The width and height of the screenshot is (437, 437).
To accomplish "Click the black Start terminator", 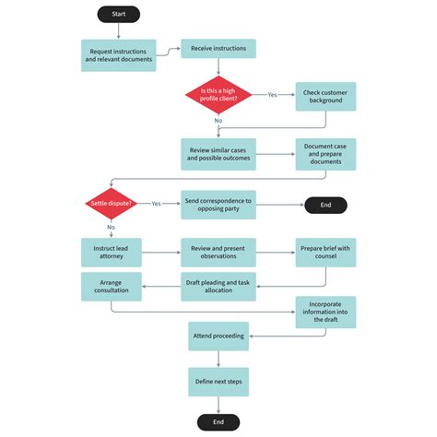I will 118,15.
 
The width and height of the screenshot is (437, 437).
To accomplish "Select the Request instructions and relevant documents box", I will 117,54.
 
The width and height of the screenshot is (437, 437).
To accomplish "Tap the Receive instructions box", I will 218,49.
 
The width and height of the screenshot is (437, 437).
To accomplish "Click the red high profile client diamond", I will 218,94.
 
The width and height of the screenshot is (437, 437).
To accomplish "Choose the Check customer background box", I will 326,95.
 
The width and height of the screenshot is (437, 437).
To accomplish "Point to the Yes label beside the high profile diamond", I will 273,94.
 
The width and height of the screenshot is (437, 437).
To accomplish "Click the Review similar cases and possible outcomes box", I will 218,153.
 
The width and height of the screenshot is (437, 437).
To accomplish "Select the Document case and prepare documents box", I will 326,153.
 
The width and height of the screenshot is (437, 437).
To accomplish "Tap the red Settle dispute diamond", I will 111,204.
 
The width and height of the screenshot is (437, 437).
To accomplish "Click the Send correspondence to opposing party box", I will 218,205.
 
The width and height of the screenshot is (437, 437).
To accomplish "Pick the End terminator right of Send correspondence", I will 326,205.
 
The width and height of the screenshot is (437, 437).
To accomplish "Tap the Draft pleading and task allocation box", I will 218,287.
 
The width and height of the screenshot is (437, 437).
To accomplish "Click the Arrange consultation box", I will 111,287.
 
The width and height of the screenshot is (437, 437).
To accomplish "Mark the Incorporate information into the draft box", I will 326,311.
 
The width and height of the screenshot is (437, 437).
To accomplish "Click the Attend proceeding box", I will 218,336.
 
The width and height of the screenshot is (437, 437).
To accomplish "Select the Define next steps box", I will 218,380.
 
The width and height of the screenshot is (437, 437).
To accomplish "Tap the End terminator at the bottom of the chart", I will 218,421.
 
